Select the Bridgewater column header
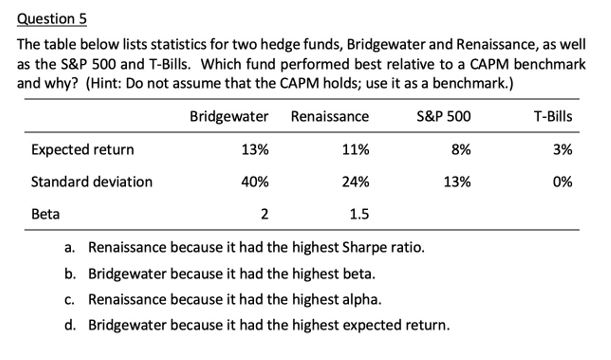click(229, 117)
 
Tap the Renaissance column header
click(329, 117)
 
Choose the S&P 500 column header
click(445, 117)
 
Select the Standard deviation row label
click(92, 182)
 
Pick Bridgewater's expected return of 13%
click(255, 150)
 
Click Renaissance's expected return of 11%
click(355, 150)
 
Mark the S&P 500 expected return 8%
click(460, 150)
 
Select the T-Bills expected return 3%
click(562, 150)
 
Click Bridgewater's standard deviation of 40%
click(255, 182)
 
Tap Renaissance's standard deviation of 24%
click(355, 182)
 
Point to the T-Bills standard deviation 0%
click(562, 182)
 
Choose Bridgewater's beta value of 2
click(264, 214)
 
